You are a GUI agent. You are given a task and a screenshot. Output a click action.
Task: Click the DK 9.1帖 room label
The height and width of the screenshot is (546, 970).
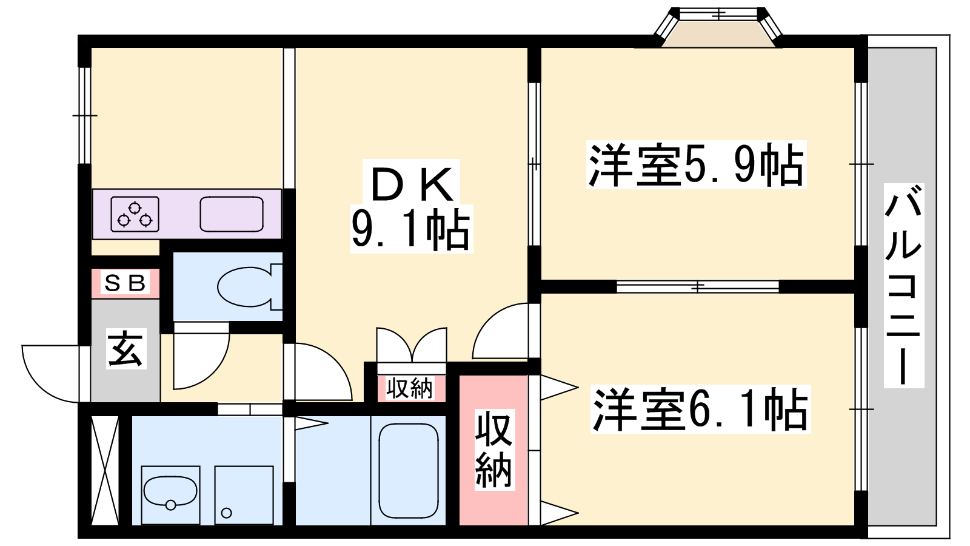(412, 206)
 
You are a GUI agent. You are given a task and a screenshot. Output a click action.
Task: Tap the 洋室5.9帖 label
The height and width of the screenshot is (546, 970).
(696, 164)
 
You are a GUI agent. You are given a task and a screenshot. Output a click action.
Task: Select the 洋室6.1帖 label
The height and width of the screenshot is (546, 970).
(700, 409)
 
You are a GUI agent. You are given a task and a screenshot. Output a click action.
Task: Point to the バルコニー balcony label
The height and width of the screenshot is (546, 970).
(903, 285)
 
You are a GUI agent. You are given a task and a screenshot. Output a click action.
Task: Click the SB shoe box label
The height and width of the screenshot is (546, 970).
(125, 283)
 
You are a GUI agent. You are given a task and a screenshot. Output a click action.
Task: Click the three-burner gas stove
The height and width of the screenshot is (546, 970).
(135, 214)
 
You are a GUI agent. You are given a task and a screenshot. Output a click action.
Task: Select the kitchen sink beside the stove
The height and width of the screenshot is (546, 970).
(231, 214)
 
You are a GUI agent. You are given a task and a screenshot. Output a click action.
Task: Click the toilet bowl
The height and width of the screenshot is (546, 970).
(246, 286)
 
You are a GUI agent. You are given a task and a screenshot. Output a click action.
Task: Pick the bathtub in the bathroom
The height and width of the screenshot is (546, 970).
(408, 470)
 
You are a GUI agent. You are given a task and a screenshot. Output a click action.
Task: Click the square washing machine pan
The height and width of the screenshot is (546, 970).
(244, 494)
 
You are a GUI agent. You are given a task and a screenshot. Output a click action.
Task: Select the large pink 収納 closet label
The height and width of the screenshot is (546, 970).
(493, 449)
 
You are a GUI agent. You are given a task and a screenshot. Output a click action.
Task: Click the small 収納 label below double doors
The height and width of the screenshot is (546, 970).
(410, 388)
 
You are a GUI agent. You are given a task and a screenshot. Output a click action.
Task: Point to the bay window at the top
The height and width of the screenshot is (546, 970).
(719, 27)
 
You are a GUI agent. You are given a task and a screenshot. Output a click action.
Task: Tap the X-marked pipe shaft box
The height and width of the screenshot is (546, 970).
(105, 470)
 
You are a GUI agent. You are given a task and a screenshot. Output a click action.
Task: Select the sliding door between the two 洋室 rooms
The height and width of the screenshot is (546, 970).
(697, 286)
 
